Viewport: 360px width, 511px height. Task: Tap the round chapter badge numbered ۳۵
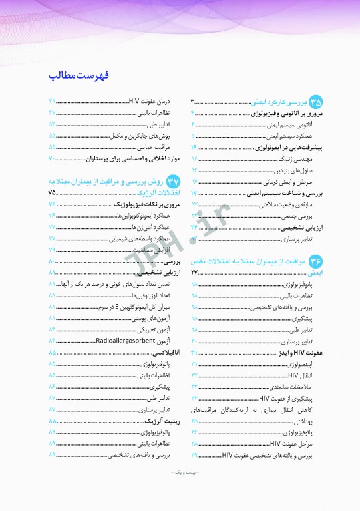tap(314, 102)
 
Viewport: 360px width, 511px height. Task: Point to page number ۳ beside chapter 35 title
tap(192, 102)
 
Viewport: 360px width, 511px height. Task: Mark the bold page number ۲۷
tap(194, 273)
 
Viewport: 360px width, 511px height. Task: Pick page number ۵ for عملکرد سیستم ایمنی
tap(193, 135)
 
